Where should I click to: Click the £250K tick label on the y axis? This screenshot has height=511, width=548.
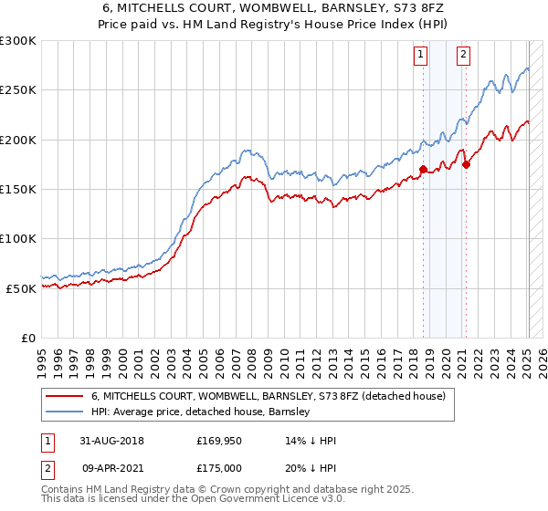18,90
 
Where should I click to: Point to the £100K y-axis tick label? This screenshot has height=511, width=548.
18,238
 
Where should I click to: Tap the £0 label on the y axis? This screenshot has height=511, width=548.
27,338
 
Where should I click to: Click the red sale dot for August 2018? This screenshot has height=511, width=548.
423,169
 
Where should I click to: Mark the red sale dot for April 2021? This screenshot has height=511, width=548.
466,164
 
